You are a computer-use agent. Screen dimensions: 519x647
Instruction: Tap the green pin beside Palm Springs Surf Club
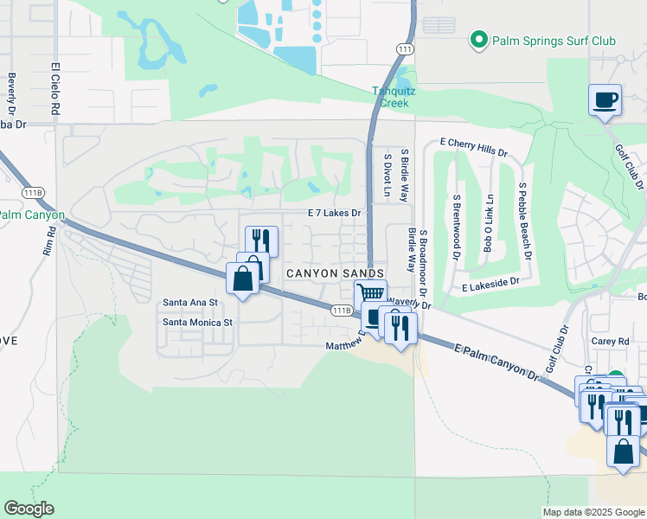point(477,40)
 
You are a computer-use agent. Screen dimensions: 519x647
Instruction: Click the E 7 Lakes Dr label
point(334,212)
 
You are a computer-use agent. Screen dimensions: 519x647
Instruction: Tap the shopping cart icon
point(370,294)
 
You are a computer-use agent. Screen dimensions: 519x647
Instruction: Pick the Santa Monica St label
point(198,323)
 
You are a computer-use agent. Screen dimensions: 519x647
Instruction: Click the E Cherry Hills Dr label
point(473,146)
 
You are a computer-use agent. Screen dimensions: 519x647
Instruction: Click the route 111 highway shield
point(405,49)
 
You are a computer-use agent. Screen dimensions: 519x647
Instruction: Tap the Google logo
point(29,509)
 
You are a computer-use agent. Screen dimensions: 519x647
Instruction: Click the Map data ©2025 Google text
point(593,512)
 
